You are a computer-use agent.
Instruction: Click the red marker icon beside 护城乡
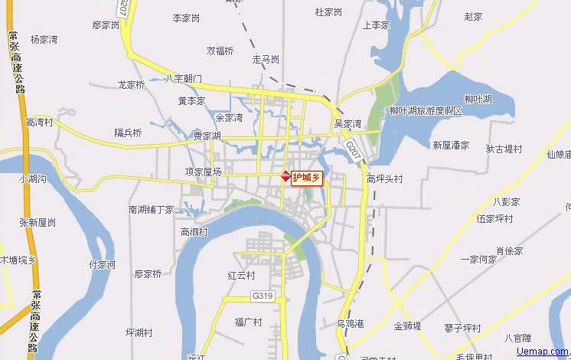click(x=286, y=176)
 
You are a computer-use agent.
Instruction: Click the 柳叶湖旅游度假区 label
click(x=426, y=111)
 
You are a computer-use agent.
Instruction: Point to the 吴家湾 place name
click(x=347, y=123)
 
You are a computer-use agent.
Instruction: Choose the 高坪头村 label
click(x=384, y=179)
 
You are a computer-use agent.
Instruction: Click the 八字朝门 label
click(x=184, y=79)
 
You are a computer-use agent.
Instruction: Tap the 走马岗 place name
click(x=266, y=59)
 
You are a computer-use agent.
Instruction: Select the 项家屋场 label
click(x=204, y=172)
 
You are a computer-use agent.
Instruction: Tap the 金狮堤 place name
click(x=408, y=326)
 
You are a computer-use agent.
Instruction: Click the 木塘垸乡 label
click(x=18, y=260)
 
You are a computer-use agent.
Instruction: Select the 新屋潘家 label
click(x=451, y=144)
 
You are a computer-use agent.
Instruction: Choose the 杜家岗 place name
click(x=328, y=11)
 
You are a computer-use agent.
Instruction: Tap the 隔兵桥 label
click(x=128, y=133)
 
